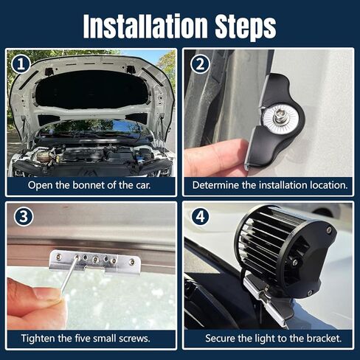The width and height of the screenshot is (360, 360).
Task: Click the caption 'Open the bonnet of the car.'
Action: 89,184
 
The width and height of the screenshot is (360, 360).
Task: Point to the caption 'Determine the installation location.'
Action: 269,184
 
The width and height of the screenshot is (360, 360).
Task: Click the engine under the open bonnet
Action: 89,155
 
